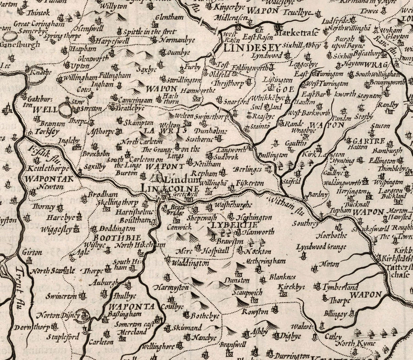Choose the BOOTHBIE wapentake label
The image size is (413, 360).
117,238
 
